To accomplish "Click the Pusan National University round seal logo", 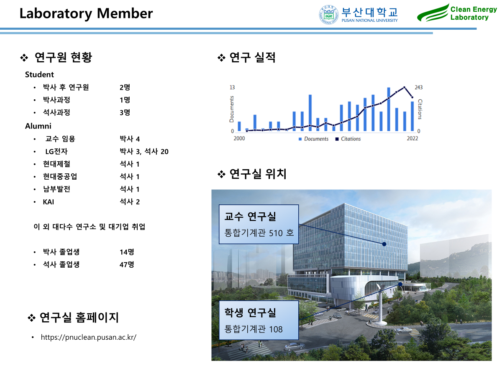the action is pos(328,15).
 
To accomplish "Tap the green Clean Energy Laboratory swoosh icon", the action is pos(433,13).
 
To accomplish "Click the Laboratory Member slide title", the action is pos(86,13).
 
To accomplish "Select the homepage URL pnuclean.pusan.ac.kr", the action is pos(89,337).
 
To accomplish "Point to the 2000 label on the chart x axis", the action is pos(239,138).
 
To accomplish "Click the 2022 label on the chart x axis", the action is pos(412,138).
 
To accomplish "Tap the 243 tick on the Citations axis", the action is pos(418,87).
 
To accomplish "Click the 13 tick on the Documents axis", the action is pos(232,87).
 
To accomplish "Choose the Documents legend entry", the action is pos(313,139).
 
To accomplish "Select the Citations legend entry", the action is pos(348,139).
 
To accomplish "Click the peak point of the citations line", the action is pos(404,87).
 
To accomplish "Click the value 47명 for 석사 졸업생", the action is pos(127,264).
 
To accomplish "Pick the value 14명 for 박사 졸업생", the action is pos(127,252).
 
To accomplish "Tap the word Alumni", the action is pos(38,126).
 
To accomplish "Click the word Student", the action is pos(39,75).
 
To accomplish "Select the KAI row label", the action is pos(49,202).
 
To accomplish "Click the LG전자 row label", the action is pos(56,151).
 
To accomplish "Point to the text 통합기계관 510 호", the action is pos(259,233).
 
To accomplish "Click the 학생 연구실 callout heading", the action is pos(250,312).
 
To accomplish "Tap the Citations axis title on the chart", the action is pos(420,109).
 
